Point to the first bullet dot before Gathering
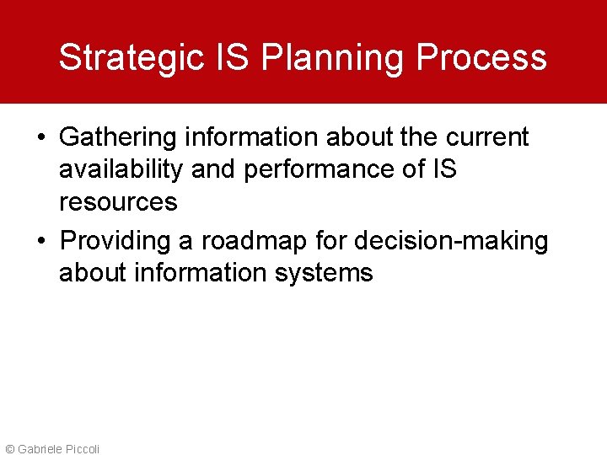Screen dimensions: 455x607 click(42, 137)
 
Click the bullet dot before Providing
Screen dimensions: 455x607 click(42, 241)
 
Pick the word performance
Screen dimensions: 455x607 click(320, 169)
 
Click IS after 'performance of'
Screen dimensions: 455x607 click(444, 169)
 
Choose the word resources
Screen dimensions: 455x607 click(118, 202)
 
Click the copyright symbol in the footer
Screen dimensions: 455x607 click(9, 449)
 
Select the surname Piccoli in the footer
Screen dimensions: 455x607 click(80, 449)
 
